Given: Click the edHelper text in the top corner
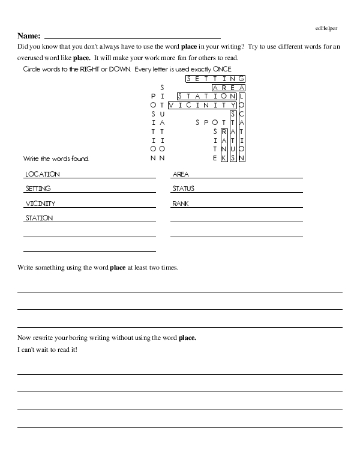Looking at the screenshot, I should tap(326, 28).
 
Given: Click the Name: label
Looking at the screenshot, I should tap(29, 36).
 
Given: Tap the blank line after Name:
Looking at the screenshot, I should tap(132, 38).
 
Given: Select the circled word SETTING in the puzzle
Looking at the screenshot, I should tap(215, 79).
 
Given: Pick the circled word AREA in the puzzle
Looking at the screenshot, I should tap(229, 88).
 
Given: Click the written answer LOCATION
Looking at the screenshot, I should tap(43, 174).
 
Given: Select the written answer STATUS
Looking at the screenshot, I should tap(184, 189).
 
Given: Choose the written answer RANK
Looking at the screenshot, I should tap(181, 204).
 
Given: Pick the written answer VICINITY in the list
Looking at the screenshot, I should tap(40, 204).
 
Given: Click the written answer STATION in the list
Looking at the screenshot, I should tap(39, 218).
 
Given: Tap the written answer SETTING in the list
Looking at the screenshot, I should tap(38, 189).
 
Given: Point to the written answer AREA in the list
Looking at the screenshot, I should tap(181, 174).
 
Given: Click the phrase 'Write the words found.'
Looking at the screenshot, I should tap(56, 159).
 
